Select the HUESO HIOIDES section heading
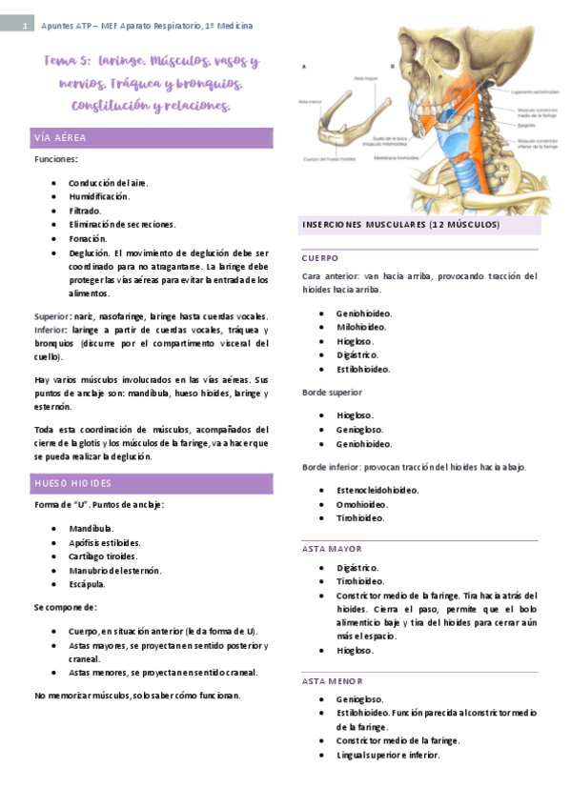click(x=72, y=483)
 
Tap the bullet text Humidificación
click(x=99, y=196)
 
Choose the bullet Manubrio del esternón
click(x=114, y=570)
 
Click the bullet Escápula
click(x=88, y=584)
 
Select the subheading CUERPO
click(x=320, y=258)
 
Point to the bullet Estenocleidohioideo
click(x=377, y=491)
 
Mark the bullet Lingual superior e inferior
click(x=388, y=755)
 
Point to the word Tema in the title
click(x=61, y=61)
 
